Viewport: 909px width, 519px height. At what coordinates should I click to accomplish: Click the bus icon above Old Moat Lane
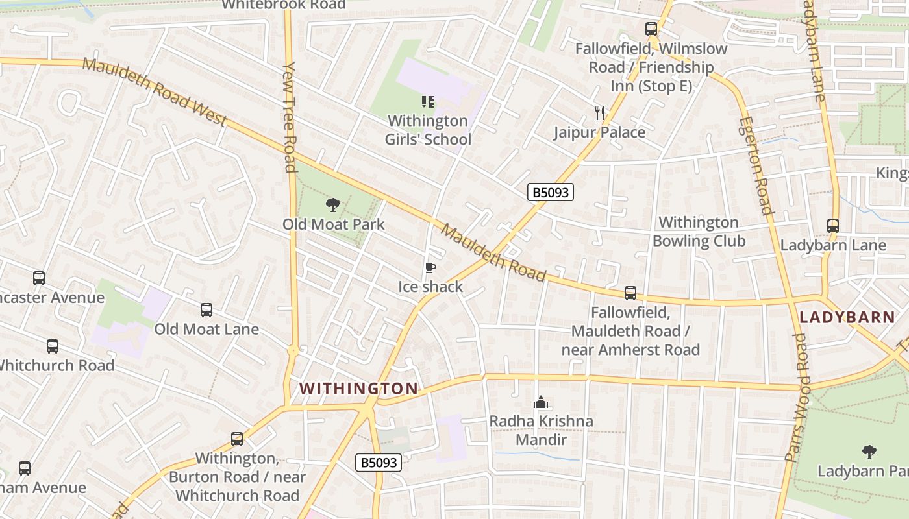click(x=206, y=310)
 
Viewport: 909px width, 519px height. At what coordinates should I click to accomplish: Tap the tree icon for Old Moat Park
click(x=333, y=206)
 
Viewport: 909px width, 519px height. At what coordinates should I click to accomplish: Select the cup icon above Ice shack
click(x=430, y=268)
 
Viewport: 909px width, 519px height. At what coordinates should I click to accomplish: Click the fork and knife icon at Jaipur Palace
click(x=600, y=113)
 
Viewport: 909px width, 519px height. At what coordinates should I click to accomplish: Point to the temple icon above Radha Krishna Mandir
click(x=540, y=402)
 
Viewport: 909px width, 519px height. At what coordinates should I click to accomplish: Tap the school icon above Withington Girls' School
click(x=428, y=101)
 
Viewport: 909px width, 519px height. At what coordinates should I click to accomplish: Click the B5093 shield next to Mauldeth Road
click(x=551, y=192)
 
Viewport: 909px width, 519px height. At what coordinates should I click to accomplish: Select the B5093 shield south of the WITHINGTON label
click(x=379, y=463)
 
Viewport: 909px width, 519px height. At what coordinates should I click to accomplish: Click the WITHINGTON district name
click(x=358, y=389)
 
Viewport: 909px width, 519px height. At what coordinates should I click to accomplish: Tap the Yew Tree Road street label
click(x=290, y=117)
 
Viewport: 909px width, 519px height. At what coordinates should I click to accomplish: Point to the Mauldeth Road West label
click(x=155, y=92)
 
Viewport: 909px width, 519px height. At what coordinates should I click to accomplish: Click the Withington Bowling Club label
click(x=699, y=232)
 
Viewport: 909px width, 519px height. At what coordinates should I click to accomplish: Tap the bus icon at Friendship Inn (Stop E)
click(x=651, y=29)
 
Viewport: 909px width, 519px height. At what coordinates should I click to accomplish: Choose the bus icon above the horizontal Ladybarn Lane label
click(x=833, y=226)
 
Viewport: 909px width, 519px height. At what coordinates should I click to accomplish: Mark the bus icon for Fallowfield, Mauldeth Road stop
click(x=630, y=293)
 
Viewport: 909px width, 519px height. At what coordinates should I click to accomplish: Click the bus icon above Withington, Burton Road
click(x=237, y=439)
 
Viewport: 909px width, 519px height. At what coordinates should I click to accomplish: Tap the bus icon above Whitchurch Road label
click(x=53, y=346)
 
